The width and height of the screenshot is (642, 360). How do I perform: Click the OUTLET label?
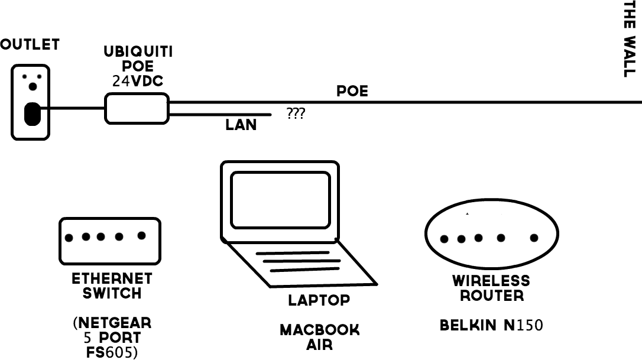tap(30, 44)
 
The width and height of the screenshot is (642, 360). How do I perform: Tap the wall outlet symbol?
tap(31, 102)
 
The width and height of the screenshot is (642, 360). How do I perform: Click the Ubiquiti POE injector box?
tap(137, 109)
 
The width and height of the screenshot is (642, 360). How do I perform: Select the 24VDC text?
tap(138, 82)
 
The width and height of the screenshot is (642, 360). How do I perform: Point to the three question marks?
tap(296, 113)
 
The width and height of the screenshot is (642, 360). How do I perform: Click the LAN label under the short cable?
tap(241, 125)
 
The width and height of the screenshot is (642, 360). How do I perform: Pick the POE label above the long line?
tap(352, 91)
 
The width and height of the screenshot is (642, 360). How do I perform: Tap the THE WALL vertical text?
tap(630, 39)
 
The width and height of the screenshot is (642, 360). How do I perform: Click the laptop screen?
tap(280, 200)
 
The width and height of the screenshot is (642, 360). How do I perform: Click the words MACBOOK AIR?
tap(319, 337)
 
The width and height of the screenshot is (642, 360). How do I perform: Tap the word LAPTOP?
tap(319, 300)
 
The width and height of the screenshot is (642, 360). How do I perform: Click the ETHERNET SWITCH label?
tap(112, 286)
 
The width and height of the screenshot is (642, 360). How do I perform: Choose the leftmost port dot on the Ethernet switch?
tap(69, 238)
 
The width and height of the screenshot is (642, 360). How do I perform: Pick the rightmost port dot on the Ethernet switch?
tap(141, 235)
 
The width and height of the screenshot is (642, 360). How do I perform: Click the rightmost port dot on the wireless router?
tap(534, 238)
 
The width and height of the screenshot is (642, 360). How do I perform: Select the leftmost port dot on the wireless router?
tap(445, 239)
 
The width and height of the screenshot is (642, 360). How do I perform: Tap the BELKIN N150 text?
tap(491, 325)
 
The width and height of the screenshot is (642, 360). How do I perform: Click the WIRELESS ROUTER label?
tap(491, 287)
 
